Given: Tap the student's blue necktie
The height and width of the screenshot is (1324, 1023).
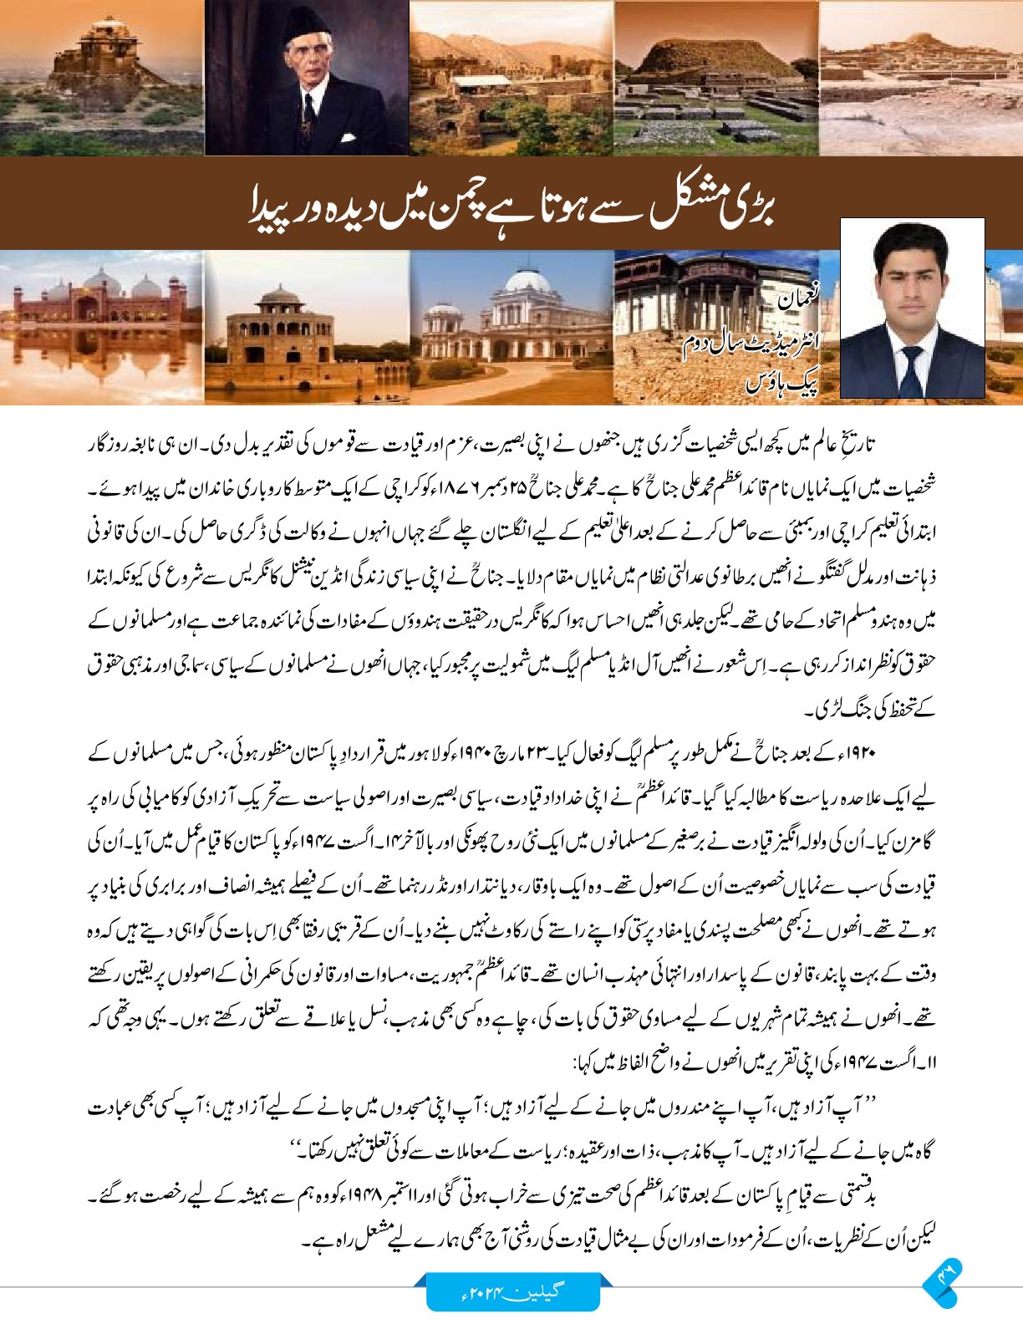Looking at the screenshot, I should [x=911, y=369].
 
